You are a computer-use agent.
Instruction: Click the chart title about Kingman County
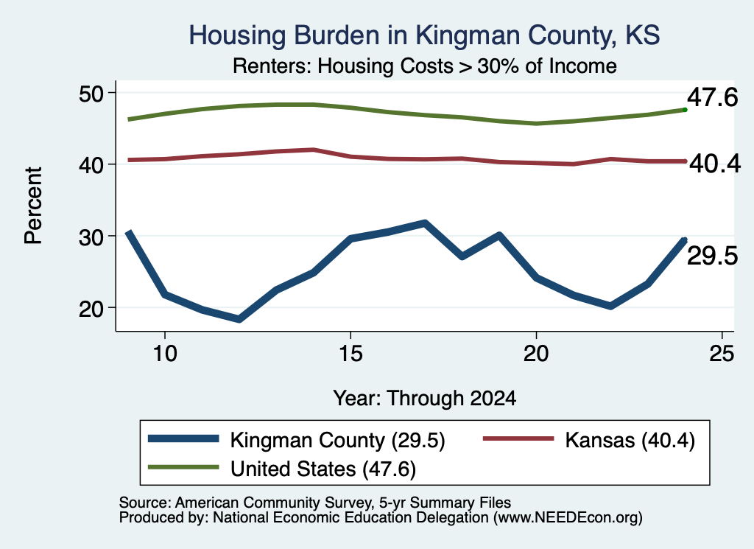[x=424, y=36]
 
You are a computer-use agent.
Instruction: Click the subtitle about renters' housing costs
[x=425, y=66]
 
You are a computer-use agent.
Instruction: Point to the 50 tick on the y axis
[x=91, y=93]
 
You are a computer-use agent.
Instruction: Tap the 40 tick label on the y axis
[x=91, y=164]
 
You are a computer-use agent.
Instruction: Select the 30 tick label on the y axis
[x=91, y=237]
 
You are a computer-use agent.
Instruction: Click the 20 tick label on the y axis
[x=91, y=308]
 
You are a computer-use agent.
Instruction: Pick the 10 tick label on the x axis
[x=165, y=354]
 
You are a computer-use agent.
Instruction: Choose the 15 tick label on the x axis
[x=350, y=354]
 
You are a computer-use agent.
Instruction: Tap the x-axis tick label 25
[x=722, y=354]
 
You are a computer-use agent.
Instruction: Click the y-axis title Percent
[x=33, y=206]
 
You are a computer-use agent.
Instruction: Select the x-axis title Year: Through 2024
[x=425, y=399]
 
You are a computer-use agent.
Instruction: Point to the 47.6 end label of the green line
[x=712, y=97]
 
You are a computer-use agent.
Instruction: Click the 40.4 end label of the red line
[x=715, y=164]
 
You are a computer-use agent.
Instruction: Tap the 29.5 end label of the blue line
[x=712, y=256]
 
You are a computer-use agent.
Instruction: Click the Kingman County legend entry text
[x=337, y=440]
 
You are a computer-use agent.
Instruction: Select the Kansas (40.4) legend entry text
[x=630, y=440]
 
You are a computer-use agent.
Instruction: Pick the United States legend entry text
[x=323, y=469]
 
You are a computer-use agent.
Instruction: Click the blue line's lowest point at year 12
[x=239, y=319]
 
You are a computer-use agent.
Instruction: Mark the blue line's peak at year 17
[x=425, y=223]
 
